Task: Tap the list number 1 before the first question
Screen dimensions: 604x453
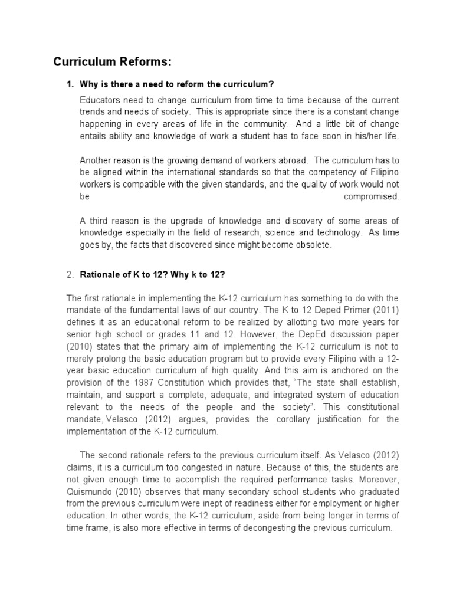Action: (x=69, y=84)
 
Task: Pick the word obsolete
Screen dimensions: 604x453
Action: (x=313, y=245)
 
